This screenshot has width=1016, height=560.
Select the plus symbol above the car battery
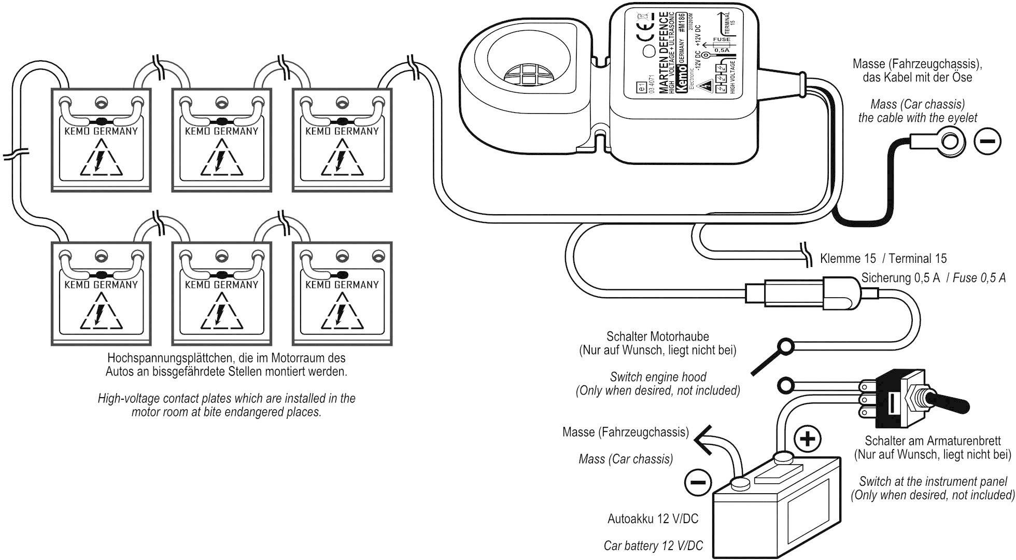pyautogui.click(x=808, y=439)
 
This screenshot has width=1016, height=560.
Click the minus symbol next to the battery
pyautogui.click(x=698, y=482)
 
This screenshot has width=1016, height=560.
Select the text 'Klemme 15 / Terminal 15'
pyautogui.click(x=883, y=259)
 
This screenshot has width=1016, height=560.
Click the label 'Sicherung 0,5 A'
pyautogui.click(x=900, y=278)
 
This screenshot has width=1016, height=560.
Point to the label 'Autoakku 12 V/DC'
pyautogui.click(x=653, y=519)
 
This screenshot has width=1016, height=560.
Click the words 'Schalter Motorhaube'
pyautogui.click(x=657, y=337)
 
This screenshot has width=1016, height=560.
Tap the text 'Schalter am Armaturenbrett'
pyautogui.click(x=933, y=441)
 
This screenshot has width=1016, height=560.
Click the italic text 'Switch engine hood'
pyautogui.click(x=658, y=377)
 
